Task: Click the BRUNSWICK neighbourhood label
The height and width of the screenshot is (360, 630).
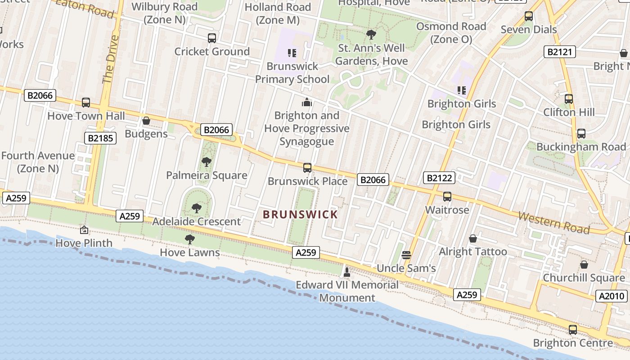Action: tap(300, 214)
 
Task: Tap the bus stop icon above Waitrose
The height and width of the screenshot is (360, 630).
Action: tap(447, 197)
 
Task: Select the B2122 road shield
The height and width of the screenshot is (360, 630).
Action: tap(439, 178)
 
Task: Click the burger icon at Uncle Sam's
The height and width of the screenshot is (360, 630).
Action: tap(406, 255)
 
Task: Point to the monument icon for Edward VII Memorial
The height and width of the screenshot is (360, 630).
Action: tap(346, 272)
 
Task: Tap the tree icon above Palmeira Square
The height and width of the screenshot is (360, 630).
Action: tap(207, 162)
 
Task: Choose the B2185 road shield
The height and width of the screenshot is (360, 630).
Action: tap(100, 138)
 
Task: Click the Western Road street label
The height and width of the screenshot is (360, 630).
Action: tap(553, 222)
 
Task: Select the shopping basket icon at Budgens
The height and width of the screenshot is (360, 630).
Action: tap(146, 121)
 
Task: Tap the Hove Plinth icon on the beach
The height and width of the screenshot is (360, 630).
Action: tap(84, 230)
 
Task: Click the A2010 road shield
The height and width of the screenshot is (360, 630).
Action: tap(612, 296)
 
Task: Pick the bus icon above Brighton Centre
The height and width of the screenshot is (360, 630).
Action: tap(572, 330)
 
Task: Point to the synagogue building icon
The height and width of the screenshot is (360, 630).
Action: tap(307, 102)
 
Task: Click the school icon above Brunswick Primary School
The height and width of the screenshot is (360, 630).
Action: tap(292, 53)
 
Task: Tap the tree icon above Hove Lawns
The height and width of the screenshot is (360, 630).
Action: tap(190, 239)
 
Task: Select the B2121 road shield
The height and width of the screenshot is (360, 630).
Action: tap(560, 52)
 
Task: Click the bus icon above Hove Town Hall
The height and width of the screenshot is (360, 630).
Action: tap(85, 103)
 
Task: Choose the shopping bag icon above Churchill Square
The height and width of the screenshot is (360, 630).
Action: tap(584, 265)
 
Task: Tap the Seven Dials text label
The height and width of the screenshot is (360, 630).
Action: tap(529, 30)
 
